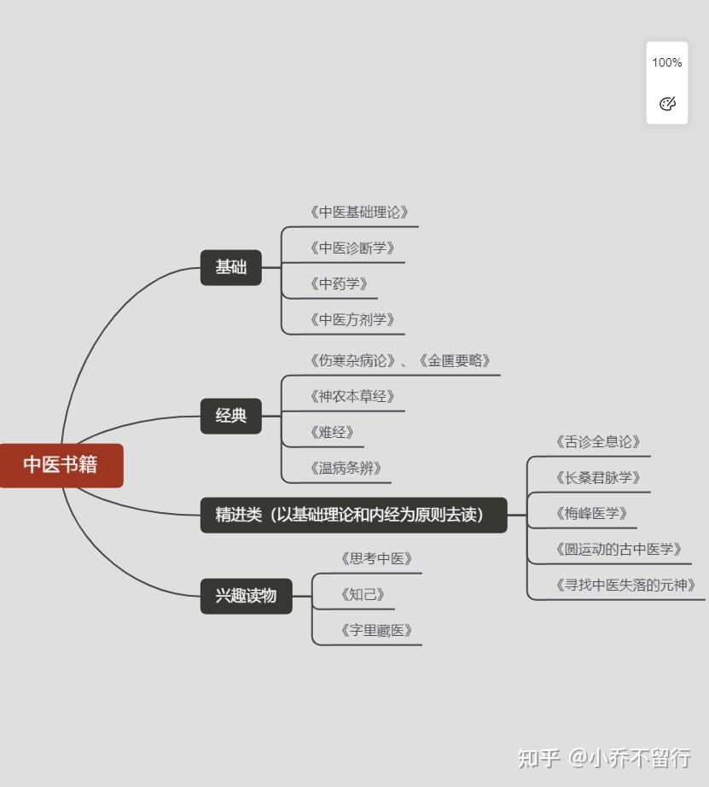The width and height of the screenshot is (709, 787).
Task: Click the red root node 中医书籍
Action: click(x=61, y=465)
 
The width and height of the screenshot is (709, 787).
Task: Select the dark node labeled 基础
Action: click(x=230, y=267)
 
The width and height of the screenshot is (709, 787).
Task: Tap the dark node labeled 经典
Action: click(x=230, y=416)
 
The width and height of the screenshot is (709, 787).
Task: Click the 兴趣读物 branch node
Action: click(x=246, y=596)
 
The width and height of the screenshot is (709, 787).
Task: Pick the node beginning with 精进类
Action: click(x=353, y=515)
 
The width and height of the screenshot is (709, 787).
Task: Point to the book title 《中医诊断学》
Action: click(x=352, y=248)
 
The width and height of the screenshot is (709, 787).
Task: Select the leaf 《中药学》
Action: click(x=339, y=284)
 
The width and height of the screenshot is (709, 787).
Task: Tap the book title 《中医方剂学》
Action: click(x=352, y=320)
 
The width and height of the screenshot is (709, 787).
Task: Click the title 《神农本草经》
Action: click(x=352, y=397)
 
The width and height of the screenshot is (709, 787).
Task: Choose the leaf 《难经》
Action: click(x=332, y=433)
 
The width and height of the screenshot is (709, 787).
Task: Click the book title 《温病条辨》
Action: click(x=346, y=469)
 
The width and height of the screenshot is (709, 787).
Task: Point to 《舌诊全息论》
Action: click(x=597, y=442)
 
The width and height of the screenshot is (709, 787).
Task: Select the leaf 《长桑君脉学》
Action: click(x=597, y=478)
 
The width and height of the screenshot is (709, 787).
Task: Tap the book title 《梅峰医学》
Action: click(x=590, y=514)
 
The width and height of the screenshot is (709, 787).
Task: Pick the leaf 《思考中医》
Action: click(x=376, y=559)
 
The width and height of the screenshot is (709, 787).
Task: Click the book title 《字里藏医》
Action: click(x=376, y=631)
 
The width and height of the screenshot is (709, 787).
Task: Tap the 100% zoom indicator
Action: click(x=667, y=62)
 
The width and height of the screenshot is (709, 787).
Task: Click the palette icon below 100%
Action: click(x=667, y=104)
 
